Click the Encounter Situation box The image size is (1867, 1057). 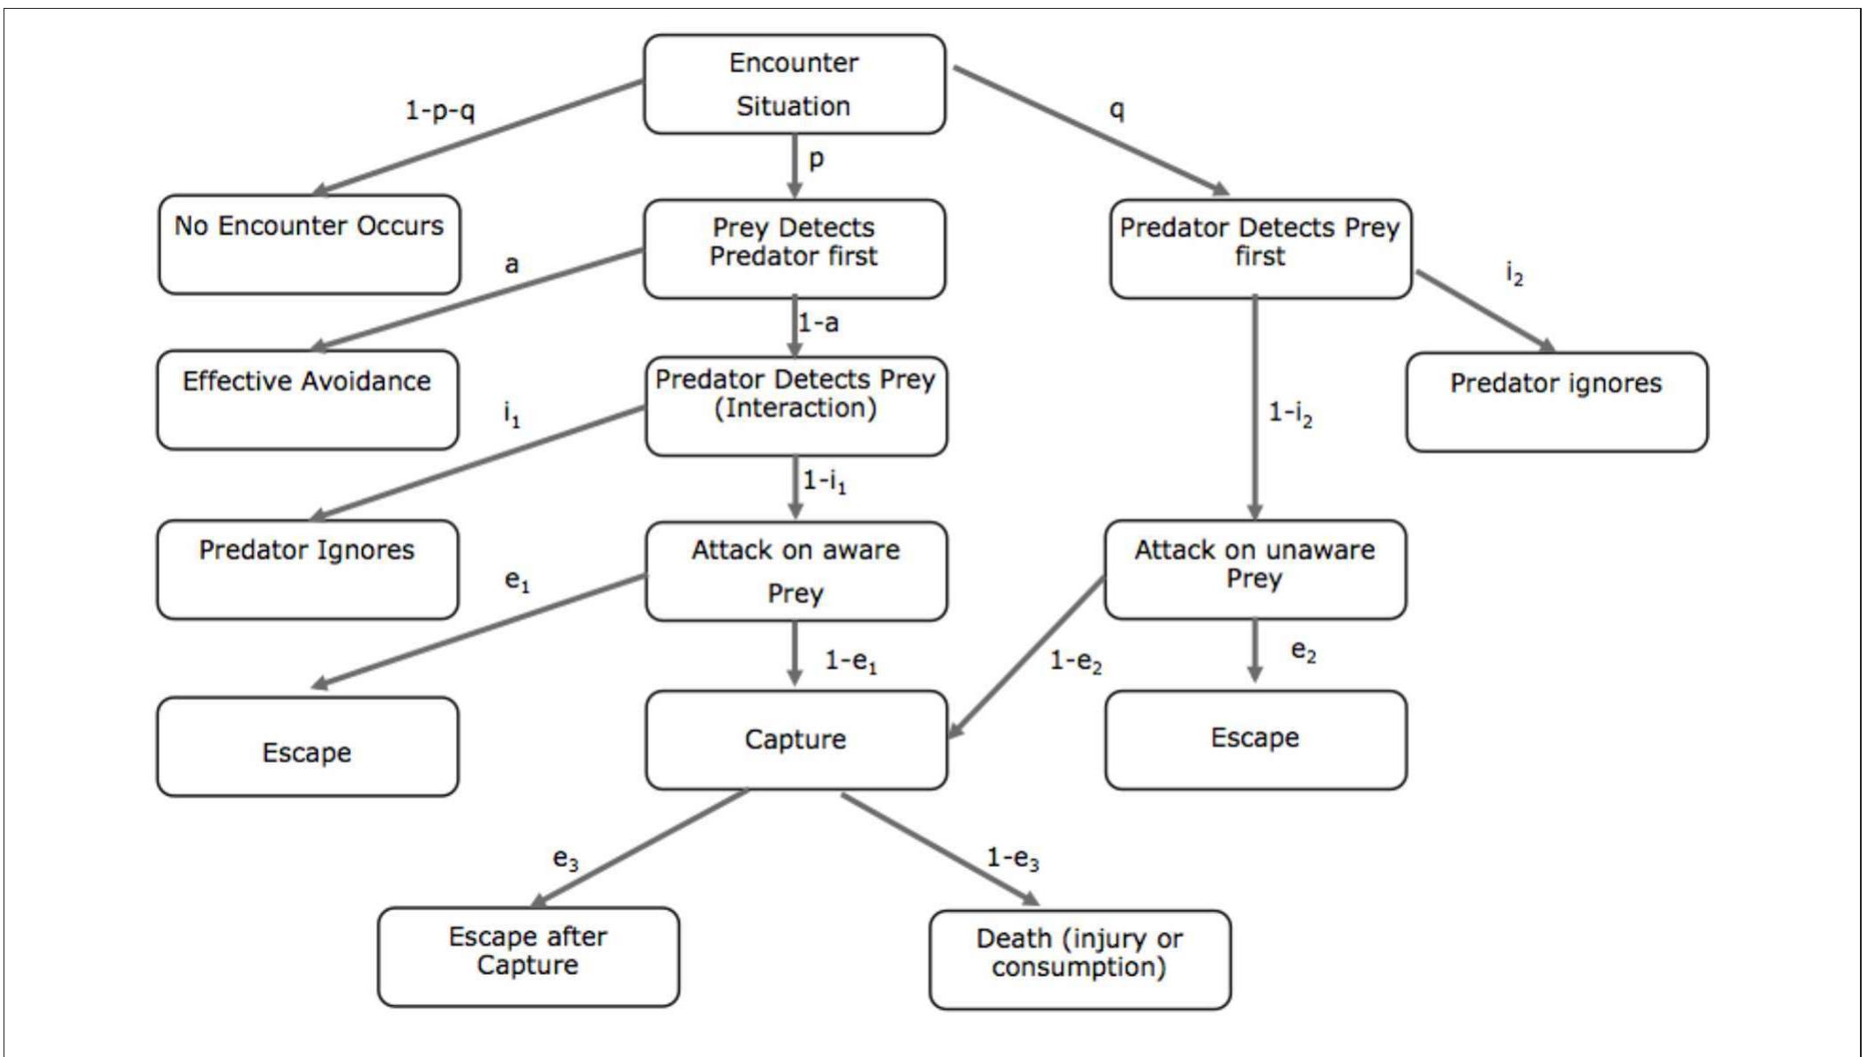(x=794, y=85)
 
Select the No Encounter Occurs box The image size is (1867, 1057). (x=309, y=244)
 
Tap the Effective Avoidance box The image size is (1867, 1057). (x=307, y=399)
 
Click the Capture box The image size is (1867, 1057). (x=795, y=740)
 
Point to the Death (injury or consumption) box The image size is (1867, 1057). (x=1079, y=959)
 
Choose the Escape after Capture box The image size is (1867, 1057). (x=527, y=956)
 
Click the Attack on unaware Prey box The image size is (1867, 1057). (x=1254, y=569)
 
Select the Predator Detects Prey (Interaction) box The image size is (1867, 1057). (x=795, y=406)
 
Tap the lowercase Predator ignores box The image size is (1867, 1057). (x=1556, y=402)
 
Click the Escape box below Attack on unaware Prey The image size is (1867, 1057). (x=1254, y=739)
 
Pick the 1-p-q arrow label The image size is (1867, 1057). (x=439, y=110)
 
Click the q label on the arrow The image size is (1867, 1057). (x=1116, y=109)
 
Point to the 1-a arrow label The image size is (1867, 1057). (x=818, y=323)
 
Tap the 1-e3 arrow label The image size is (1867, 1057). (x=1012, y=858)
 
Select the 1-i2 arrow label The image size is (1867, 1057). (x=1289, y=413)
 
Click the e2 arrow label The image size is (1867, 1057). (x=1303, y=651)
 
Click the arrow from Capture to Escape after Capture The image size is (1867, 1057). (x=640, y=847)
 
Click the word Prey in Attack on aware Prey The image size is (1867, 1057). (x=795, y=593)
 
